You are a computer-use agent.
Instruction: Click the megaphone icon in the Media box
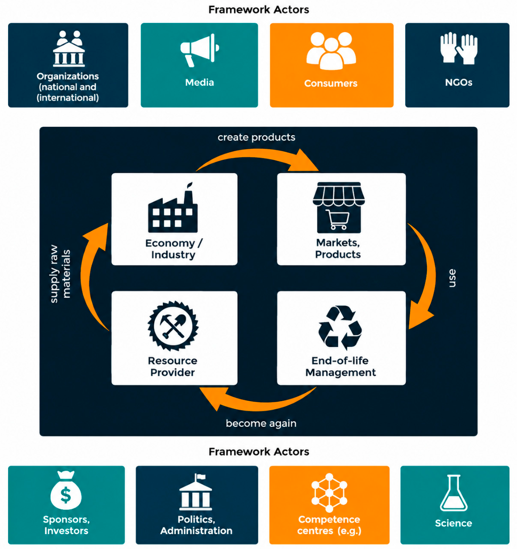[200, 50]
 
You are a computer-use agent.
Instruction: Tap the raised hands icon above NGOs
[459, 48]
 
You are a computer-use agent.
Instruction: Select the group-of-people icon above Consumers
[331, 51]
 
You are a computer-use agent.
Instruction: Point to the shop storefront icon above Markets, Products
[338, 207]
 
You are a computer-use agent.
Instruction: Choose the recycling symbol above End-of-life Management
[340, 328]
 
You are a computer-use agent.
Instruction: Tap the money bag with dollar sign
[66, 490]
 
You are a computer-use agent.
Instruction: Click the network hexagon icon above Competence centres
[329, 493]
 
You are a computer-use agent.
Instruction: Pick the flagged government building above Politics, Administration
[196, 492]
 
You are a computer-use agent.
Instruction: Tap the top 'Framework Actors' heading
[259, 10]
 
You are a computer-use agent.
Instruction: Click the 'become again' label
[261, 424]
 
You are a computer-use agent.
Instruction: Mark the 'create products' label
[256, 137]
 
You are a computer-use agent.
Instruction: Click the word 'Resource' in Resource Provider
[172, 361]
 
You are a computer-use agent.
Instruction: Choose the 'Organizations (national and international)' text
[68, 87]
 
